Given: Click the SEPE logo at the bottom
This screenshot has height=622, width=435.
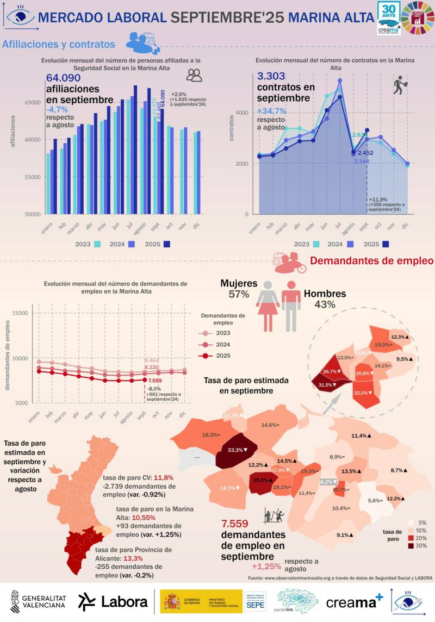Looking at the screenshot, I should [255, 601].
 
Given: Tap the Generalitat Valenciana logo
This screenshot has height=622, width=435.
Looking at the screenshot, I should [38, 601].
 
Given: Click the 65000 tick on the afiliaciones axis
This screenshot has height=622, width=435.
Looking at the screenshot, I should [33, 102].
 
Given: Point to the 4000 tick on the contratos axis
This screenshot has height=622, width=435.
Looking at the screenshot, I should [243, 113].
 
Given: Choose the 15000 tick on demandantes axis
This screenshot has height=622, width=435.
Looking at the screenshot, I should [20, 313].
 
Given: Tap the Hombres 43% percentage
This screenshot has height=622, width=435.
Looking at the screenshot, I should [325, 304].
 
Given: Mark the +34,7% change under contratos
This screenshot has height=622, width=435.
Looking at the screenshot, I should [271, 110].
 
